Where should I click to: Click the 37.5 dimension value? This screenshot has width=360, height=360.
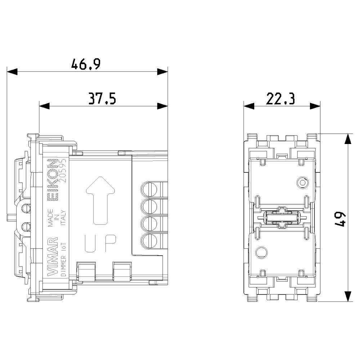(x=102, y=99)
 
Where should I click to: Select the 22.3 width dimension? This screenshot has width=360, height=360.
(x=280, y=99)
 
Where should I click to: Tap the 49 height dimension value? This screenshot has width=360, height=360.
(x=340, y=219)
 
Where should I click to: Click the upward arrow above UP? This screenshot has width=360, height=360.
(x=100, y=197)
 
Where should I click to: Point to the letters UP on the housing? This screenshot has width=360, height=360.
(x=100, y=243)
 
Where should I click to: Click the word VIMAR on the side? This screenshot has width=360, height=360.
(x=53, y=257)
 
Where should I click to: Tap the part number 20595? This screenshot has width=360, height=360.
(x=62, y=171)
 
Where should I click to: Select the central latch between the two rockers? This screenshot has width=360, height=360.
(x=280, y=218)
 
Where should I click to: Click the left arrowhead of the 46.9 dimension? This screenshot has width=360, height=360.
(x=12, y=71)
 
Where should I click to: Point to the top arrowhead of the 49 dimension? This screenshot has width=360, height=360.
(x=348, y=139)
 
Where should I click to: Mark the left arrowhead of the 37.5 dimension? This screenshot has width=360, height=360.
(x=44, y=106)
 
